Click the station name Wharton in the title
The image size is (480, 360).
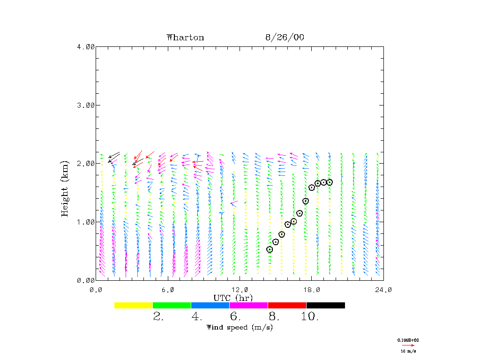185,37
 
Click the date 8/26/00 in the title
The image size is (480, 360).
285,37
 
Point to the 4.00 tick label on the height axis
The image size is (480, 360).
86,46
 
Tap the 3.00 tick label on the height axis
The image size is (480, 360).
86,105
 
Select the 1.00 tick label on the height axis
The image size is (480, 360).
86,222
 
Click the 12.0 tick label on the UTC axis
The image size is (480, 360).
240,290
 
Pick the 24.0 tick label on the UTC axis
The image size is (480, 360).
383,290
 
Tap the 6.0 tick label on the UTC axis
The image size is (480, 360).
168,290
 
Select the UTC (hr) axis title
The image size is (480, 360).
233,298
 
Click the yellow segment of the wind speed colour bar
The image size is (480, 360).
133,305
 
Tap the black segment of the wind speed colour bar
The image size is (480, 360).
325,305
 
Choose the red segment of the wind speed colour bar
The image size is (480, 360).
287,305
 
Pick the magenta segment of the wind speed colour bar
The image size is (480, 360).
248,305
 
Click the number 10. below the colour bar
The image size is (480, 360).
310,317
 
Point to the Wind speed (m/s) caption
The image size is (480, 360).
240,327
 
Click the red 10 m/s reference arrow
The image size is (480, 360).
408,345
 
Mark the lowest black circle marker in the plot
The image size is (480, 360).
270,249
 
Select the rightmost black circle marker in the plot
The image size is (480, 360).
330,182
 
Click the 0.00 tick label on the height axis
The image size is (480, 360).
86,280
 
